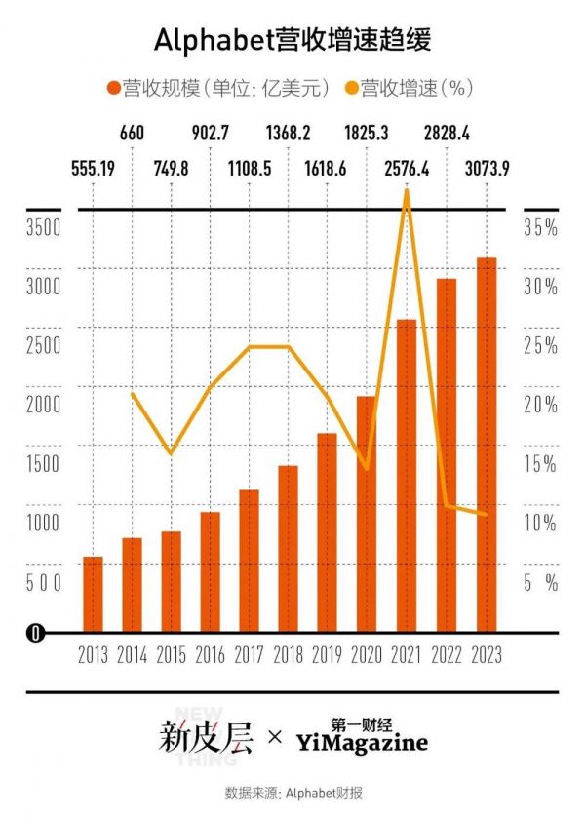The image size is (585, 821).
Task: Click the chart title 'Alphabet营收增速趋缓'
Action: (x=292, y=40)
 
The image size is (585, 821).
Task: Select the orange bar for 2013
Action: (x=93, y=595)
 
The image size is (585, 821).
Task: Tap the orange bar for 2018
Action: (x=288, y=549)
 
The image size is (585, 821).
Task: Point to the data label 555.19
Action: (x=94, y=169)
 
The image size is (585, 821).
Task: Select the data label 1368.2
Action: (x=289, y=132)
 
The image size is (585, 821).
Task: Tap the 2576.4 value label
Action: (x=408, y=169)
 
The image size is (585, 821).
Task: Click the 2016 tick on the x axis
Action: (x=211, y=655)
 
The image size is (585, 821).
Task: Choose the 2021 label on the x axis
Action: (x=406, y=655)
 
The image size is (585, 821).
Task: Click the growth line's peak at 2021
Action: (x=407, y=191)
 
